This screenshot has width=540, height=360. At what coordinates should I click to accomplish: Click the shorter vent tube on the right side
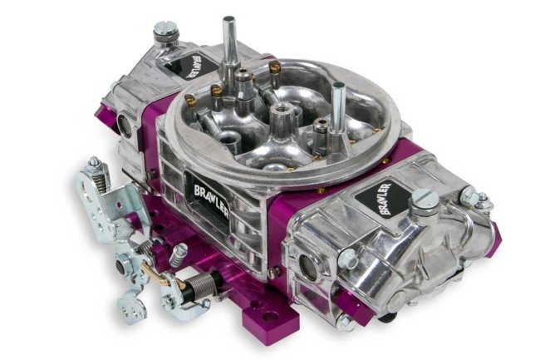337,106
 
